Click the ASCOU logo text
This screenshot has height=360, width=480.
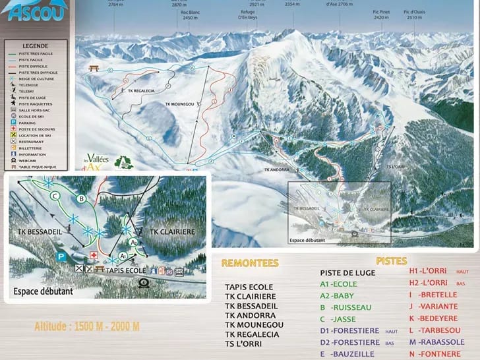pyautogui.click(x=31, y=12)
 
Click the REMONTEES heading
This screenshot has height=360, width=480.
pyautogui.click(x=250, y=263)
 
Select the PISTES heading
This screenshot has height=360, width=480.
pyautogui.click(x=392, y=261)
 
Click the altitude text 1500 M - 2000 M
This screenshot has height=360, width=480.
pyautogui.click(x=87, y=326)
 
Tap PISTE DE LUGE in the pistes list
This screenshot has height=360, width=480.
pyautogui.click(x=347, y=272)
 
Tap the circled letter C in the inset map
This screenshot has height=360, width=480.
pyautogui.click(x=55, y=196)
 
